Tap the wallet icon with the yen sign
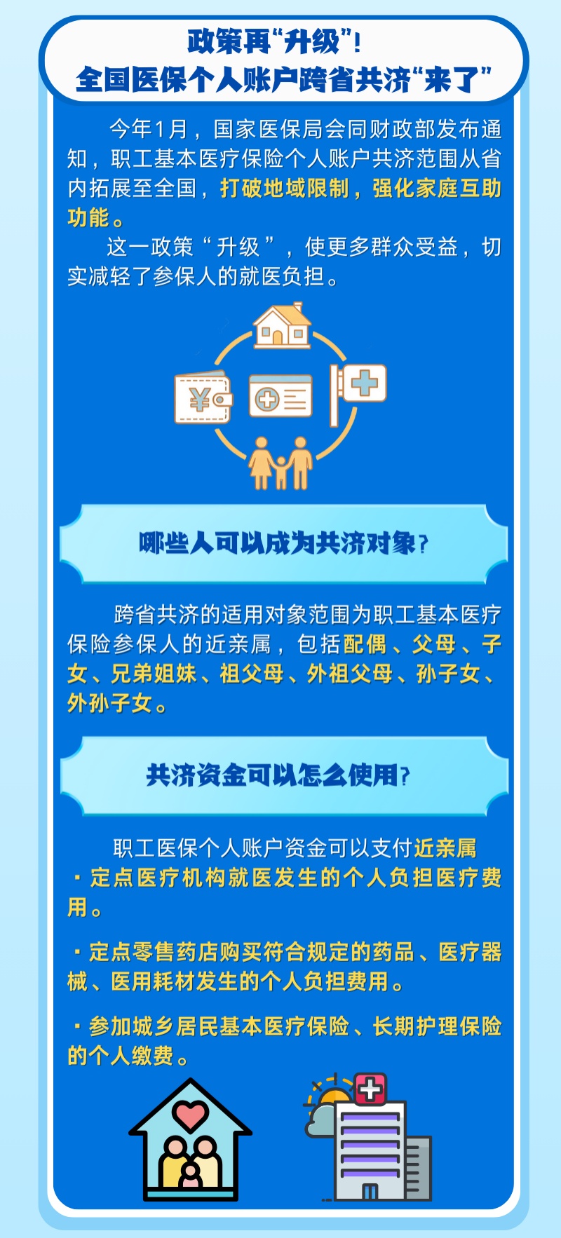[203, 399]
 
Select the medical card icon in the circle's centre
[280, 397]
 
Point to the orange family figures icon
[280, 463]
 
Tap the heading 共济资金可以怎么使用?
[278, 775]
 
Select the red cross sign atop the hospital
[371, 1089]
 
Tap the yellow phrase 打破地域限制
[284, 188]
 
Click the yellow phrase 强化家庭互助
[436, 188]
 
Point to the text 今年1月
[148, 129]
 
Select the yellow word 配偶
[365, 644]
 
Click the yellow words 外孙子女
[109, 702]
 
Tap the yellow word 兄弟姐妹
[154, 673]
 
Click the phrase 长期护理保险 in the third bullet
[437, 1026]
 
